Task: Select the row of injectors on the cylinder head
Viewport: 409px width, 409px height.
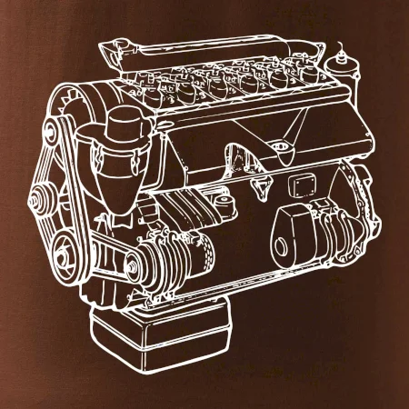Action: pos(227,86)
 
